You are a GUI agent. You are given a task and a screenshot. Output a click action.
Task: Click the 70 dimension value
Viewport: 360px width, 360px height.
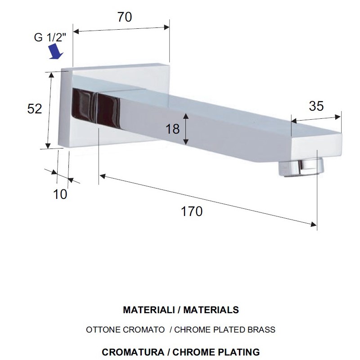click(x=125, y=17)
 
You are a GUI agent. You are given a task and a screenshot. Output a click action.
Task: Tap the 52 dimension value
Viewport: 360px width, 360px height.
click(x=35, y=108)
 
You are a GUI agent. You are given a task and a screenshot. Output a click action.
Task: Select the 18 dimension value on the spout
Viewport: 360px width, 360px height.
click(x=172, y=129)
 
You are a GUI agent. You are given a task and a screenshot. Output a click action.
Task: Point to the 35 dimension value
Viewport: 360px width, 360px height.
click(x=316, y=106)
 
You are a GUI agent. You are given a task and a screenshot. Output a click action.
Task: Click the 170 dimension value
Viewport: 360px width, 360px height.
click(x=192, y=211)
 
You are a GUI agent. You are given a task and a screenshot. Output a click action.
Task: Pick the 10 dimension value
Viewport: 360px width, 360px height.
click(x=60, y=194)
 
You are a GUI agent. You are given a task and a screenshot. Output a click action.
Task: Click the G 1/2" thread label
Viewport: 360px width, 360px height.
click(x=50, y=37)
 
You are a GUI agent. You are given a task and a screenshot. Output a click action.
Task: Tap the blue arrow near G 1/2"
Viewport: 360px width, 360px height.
click(x=56, y=51)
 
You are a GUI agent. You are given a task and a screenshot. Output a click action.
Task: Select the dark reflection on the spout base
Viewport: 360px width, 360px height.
click(x=96, y=108)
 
